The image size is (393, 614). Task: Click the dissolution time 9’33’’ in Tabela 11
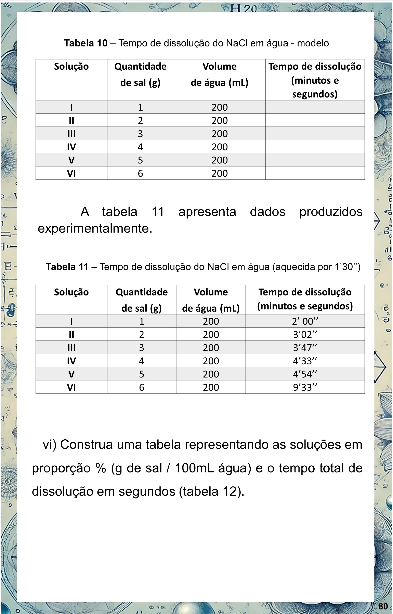click(305, 387)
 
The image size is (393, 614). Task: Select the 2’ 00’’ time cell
click(305, 321)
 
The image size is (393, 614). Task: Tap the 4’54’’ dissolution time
click(305, 374)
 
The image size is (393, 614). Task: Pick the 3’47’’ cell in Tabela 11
click(305, 348)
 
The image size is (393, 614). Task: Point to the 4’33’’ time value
click(305, 361)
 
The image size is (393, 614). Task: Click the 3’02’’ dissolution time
click(305, 334)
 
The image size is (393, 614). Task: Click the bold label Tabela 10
click(86, 43)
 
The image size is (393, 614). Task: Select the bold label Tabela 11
click(67, 267)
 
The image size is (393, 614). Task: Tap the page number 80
click(383, 606)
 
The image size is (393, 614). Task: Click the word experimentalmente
click(95, 229)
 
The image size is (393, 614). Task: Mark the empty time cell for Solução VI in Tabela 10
click(315, 173)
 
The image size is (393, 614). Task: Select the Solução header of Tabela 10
click(71, 67)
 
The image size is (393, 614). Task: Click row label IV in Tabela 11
click(71, 361)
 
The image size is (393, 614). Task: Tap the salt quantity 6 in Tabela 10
click(140, 173)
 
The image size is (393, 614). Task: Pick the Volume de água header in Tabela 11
click(211, 300)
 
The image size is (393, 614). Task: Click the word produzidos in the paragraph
click(331, 212)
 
